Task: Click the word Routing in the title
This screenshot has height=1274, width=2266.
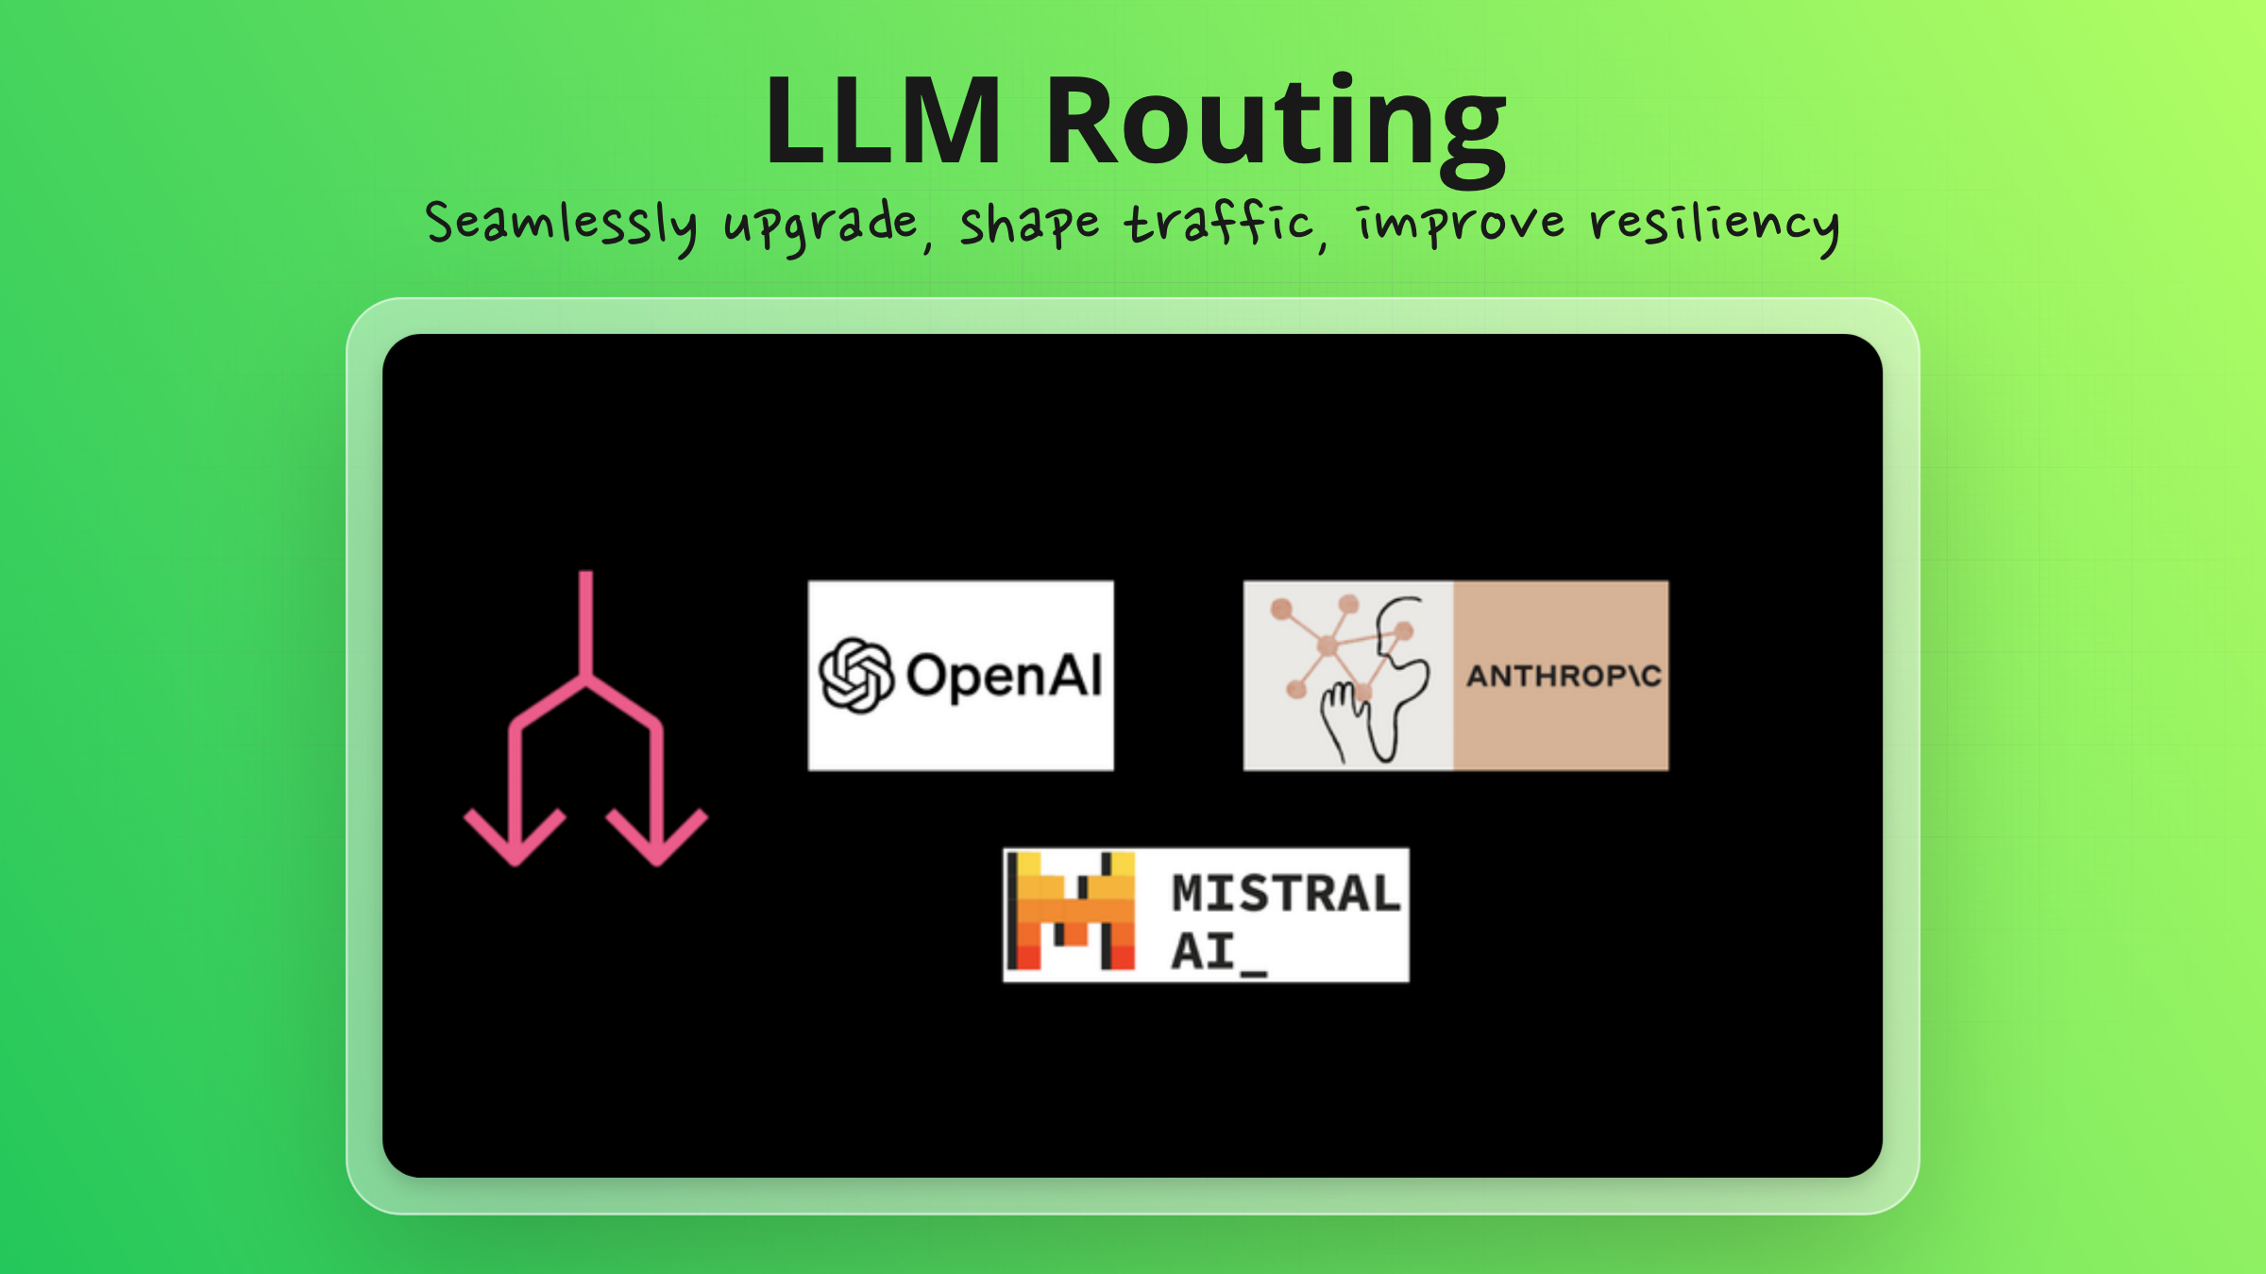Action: (1275, 123)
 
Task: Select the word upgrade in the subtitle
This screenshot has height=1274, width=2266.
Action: (820, 226)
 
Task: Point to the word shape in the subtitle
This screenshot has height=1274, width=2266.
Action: (1029, 226)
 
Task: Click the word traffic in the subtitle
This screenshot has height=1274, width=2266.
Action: (1218, 225)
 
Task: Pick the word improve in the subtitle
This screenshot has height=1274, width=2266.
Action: (1460, 225)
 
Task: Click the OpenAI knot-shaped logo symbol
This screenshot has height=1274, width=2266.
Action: (855, 676)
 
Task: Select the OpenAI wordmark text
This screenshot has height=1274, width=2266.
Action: (1005, 676)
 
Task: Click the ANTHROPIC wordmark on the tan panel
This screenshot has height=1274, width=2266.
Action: (1563, 676)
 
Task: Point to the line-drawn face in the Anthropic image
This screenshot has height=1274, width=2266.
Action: (1401, 661)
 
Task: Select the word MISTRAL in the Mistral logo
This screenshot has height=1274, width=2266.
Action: (1285, 893)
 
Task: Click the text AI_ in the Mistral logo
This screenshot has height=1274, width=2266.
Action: (1218, 951)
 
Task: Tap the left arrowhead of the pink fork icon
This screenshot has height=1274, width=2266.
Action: (515, 835)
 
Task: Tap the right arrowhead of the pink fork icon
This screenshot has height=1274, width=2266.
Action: (657, 835)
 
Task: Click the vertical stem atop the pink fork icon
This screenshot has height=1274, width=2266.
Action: (585, 623)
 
